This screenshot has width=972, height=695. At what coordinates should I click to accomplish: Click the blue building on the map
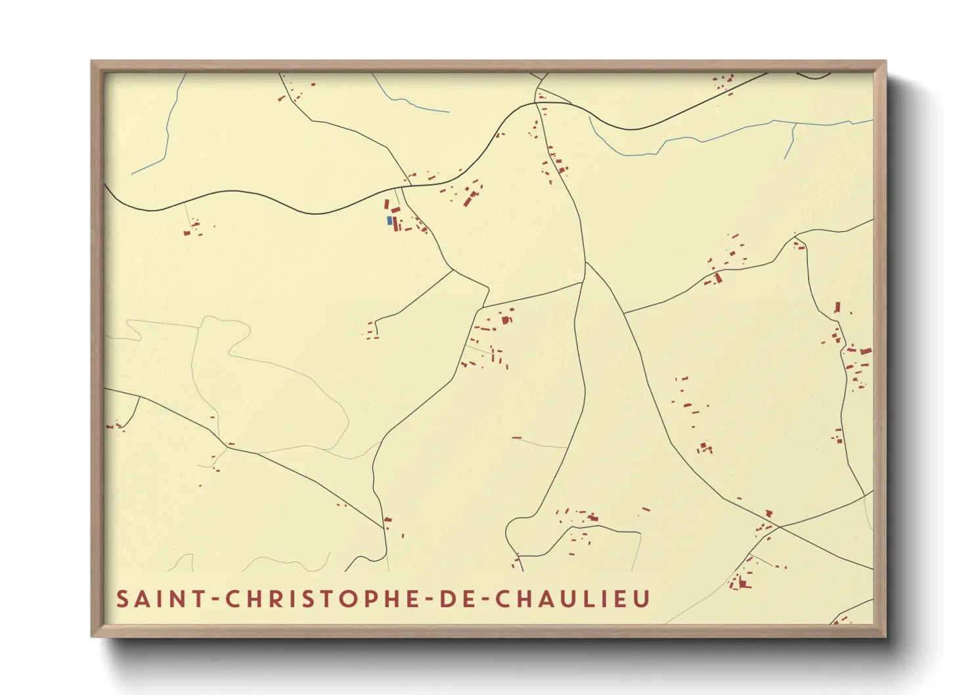point(389,221)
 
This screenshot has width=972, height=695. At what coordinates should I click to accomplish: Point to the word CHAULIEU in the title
point(572,599)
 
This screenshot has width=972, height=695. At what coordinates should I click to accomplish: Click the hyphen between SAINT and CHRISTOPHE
point(213,600)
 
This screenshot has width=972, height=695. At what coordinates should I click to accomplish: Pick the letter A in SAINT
point(143,599)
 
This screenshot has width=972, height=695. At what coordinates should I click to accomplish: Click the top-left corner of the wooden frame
point(92,62)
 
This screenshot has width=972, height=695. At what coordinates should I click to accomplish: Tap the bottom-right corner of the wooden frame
point(885,636)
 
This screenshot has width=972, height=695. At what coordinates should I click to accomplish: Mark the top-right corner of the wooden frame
point(885,62)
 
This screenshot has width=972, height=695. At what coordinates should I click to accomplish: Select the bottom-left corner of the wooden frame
point(92,636)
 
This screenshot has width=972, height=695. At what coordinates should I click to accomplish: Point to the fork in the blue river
point(795,123)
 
